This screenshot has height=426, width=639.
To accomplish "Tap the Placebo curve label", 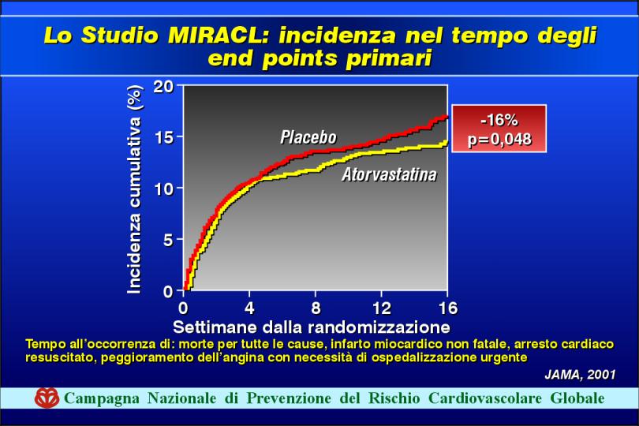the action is (308, 137).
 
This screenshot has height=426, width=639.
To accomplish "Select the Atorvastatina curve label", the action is (389, 174).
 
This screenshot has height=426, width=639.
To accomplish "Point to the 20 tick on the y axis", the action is (163, 87).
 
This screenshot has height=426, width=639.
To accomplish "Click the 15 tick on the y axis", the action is (164, 137).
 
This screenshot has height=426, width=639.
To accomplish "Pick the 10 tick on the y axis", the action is (164, 189).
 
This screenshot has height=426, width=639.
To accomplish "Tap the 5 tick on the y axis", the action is (169, 240).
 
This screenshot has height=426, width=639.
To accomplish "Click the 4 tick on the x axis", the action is (249, 308).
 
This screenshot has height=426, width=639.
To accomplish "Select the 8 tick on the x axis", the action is (316, 308).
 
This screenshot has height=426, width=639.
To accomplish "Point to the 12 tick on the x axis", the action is (382, 308).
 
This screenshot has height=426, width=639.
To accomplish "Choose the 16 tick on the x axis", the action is (448, 308).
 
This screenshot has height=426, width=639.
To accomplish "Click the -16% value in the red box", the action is (499, 120).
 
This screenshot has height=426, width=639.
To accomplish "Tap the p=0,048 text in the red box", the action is (499, 139).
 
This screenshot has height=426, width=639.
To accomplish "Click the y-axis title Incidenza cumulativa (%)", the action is (134, 189).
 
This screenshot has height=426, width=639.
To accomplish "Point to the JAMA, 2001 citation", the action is (580, 375).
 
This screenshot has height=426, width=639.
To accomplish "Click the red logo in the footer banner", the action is (47, 398).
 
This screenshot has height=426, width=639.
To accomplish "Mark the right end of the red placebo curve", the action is (447, 117).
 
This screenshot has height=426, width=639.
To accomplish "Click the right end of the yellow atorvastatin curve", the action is (447, 141).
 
